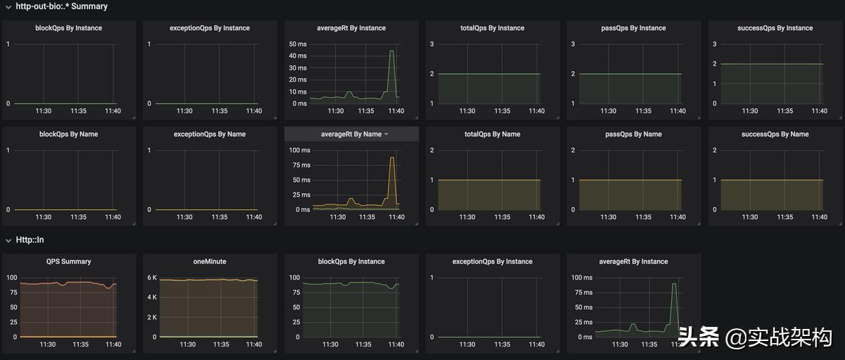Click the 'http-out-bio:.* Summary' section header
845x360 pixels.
coord(62,6)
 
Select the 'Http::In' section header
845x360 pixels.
coord(30,240)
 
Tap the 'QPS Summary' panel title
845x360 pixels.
coord(68,261)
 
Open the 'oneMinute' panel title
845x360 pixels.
coord(210,261)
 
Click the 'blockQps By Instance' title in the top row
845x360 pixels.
coord(68,28)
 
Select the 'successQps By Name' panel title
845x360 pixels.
coord(775,134)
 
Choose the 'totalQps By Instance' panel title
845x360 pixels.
coord(492,28)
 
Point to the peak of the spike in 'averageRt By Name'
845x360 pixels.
coord(392,158)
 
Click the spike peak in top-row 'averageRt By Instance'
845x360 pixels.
coord(392,51)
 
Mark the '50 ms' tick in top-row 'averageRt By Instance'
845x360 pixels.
coord(298,44)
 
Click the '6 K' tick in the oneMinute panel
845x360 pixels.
coord(152,278)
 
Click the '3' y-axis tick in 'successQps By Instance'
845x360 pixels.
coord(715,44)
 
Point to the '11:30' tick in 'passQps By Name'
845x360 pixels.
coord(608,217)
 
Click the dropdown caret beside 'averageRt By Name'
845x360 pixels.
coord(386,135)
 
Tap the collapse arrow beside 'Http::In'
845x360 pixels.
coord(8,240)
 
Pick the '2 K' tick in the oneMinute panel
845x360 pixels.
coord(152,317)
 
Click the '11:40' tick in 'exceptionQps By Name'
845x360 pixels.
coord(254,217)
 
